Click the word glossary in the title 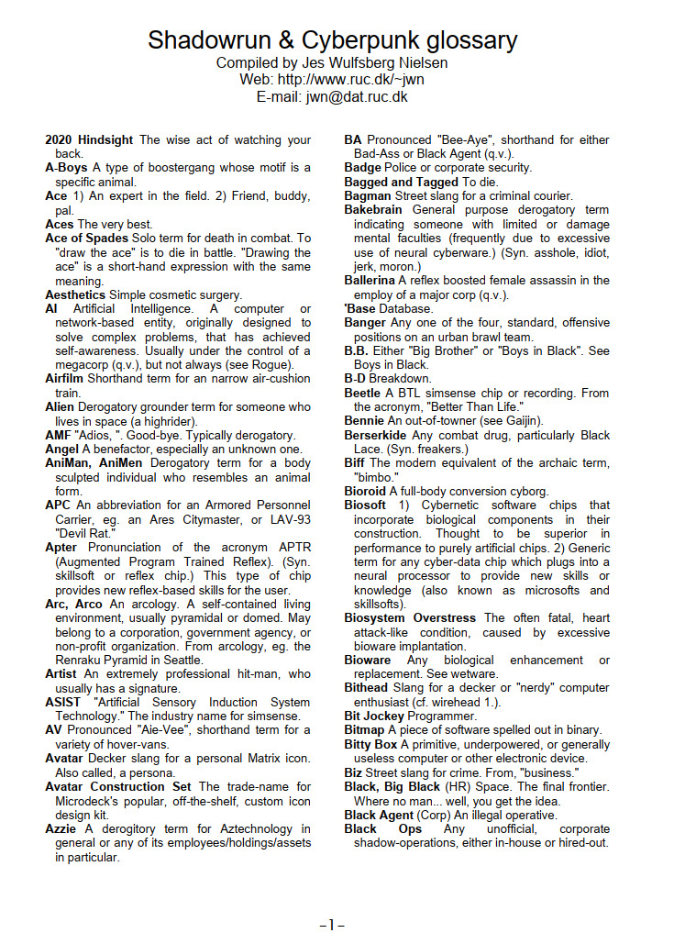pyautogui.click(x=465, y=40)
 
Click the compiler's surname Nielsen pyautogui.click(x=419, y=63)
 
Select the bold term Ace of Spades pyautogui.click(x=86, y=239)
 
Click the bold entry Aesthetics pyautogui.click(x=75, y=295)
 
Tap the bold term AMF pyautogui.click(x=58, y=435)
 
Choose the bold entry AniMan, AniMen pyautogui.click(x=94, y=463)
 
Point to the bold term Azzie pyautogui.click(x=61, y=828)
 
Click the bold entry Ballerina pyautogui.click(x=371, y=281)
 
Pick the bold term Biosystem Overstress pyautogui.click(x=410, y=618)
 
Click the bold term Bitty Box pyautogui.click(x=370, y=745)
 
